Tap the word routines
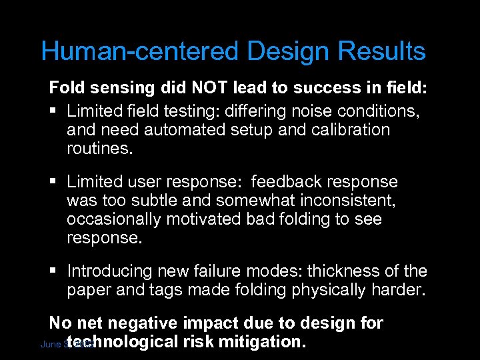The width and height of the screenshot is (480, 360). (100, 148)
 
